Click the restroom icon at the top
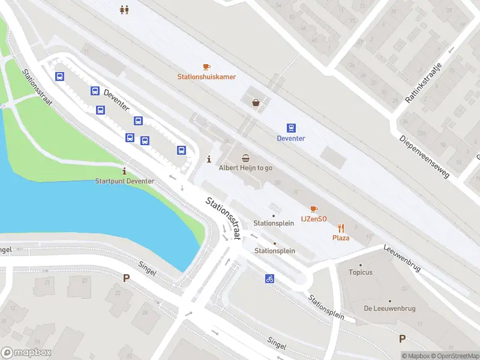point(124,10)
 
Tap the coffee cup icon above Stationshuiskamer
point(206,67)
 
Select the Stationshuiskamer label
point(206,77)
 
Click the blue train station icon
point(291,128)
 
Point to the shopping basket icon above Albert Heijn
point(245,158)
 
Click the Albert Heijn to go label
point(245,168)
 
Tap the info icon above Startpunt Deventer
point(124,171)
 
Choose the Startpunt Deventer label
point(124,181)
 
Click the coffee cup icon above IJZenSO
point(314,209)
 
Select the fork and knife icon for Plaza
point(341,227)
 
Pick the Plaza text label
point(341,238)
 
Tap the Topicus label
point(361,272)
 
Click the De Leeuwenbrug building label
point(389,308)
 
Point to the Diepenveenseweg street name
point(424,156)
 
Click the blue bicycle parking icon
point(270,278)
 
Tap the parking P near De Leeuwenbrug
point(402,338)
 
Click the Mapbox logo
point(26,353)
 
